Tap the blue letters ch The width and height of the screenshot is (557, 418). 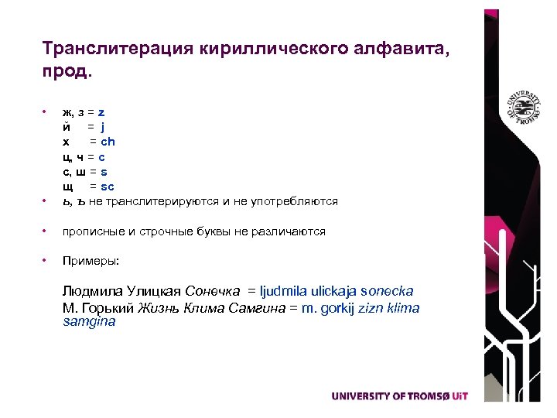click(108, 142)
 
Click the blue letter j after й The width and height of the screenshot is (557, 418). click(102, 127)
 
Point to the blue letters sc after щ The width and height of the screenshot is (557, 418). click(108, 187)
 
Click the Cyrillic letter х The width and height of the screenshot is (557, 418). click(67, 142)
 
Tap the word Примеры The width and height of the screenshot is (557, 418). click(91, 261)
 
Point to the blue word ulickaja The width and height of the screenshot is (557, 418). click(334, 292)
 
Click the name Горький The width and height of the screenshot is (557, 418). click(106, 308)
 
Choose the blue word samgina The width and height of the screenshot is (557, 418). click(88, 322)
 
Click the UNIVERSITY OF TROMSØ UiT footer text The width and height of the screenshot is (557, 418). click(399, 396)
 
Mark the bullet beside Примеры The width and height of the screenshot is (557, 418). click(46, 261)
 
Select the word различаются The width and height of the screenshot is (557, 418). click(291, 231)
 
